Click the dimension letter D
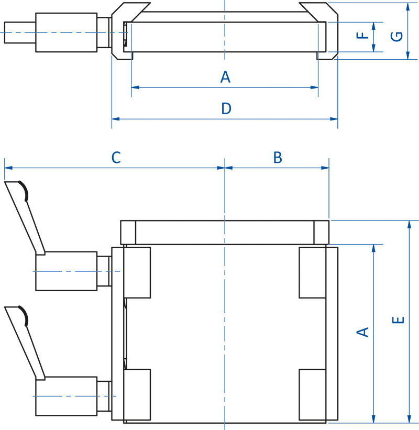226,109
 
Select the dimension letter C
116,157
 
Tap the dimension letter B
278,157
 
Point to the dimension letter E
399,319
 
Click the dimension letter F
362,36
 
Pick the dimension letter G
398,36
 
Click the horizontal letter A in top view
225,78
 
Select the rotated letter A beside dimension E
362,332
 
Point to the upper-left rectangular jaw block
137,272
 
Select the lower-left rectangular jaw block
137,394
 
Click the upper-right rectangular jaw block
312,272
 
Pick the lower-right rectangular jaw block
312,394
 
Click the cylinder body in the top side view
66,32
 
